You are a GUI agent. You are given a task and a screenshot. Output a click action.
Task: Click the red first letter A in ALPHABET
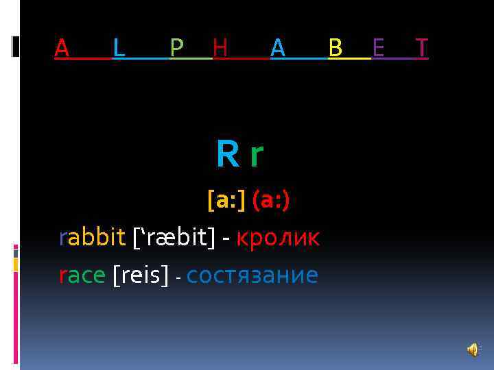[62, 47]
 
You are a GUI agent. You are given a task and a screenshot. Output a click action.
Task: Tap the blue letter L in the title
[119, 47]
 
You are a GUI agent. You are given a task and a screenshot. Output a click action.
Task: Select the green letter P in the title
[176, 47]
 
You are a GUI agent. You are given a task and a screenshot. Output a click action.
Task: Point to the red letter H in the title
[220, 47]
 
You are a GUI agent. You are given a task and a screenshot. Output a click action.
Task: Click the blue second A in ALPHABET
[277, 47]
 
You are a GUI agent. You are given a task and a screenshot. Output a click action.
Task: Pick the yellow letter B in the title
[336, 47]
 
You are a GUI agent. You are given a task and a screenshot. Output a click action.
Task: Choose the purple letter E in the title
[378, 47]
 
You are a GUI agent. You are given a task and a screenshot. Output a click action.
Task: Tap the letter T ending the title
[422, 47]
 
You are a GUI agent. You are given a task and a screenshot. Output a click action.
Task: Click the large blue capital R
[227, 155]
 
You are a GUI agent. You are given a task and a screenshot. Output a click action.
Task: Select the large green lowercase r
[256, 156]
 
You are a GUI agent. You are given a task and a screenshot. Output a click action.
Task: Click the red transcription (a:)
[270, 201]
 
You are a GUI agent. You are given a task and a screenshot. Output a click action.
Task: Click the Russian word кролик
[278, 238]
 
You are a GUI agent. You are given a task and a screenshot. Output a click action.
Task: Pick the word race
[82, 275]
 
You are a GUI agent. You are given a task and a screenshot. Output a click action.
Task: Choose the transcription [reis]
[140, 275]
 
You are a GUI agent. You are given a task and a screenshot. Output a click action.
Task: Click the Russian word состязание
[252, 275]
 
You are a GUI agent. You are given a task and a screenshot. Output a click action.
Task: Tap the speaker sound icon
[472, 350]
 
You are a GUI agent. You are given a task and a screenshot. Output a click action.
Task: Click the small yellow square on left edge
[16, 264]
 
